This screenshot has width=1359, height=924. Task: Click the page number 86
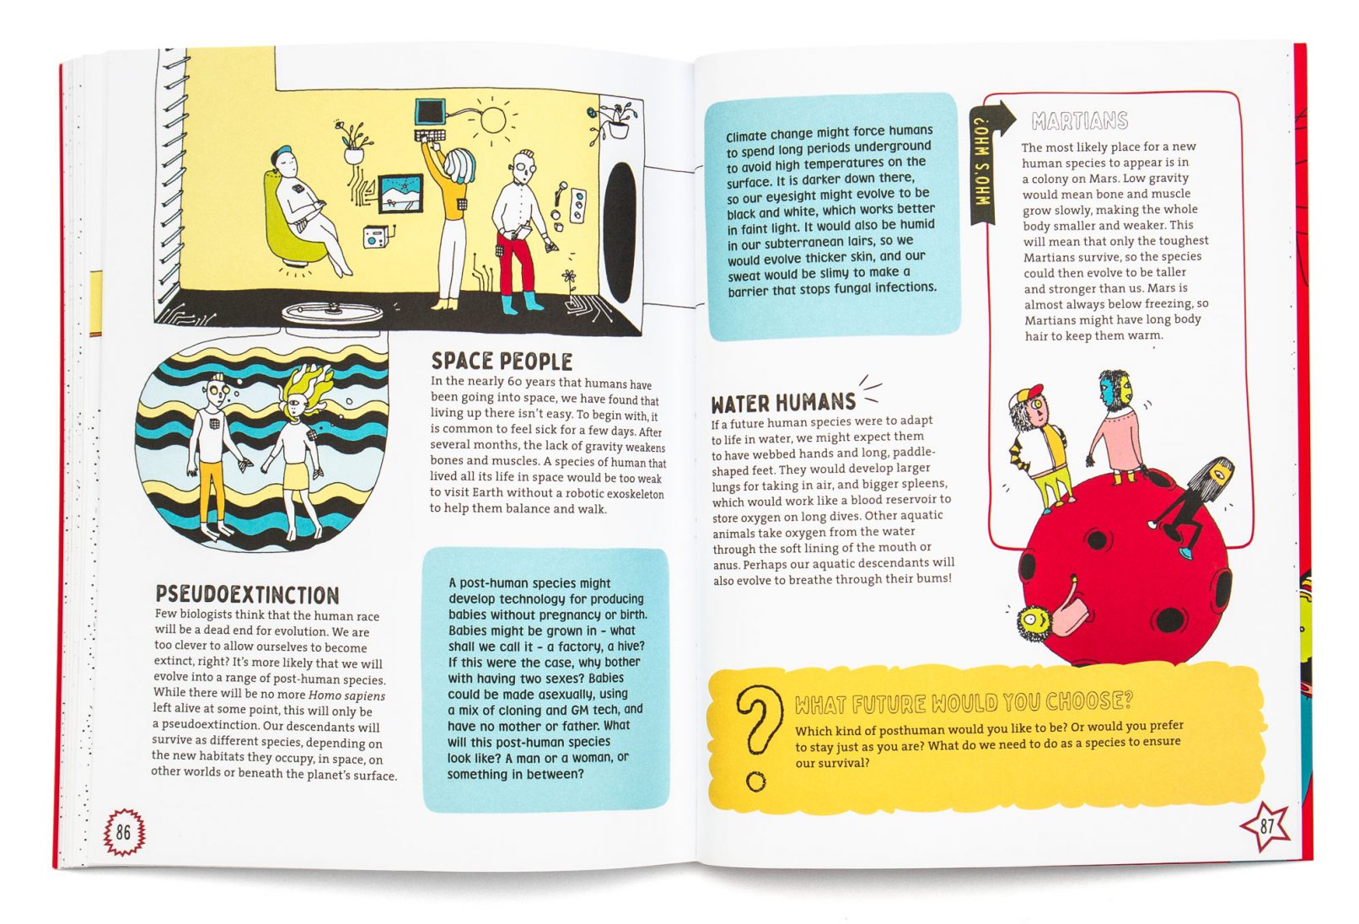tap(123, 832)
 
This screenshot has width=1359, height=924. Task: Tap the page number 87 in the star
tap(1266, 825)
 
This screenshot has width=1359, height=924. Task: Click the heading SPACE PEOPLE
tap(502, 361)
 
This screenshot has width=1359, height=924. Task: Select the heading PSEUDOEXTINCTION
tap(248, 594)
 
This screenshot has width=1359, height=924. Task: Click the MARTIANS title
tap(1080, 121)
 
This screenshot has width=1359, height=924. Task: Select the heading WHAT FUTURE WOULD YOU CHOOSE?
tap(964, 702)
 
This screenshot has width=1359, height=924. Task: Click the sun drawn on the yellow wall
tap(492, 120)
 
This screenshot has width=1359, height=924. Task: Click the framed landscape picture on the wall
tap(400, 194)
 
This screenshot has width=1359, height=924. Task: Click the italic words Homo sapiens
tap(347, 696)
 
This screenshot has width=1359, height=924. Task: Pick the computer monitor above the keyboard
tap(430, 112)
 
